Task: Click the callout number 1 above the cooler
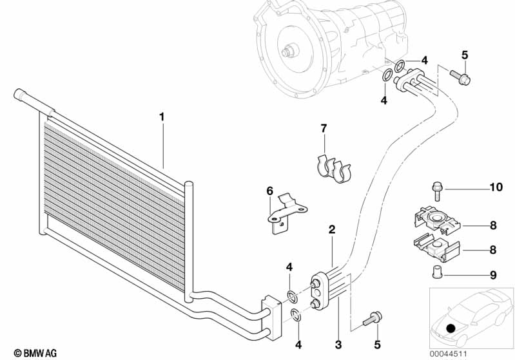point(162,117)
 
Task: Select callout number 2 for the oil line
point(332,229)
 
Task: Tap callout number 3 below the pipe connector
point(338,345)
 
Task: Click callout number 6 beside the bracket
point(269,191)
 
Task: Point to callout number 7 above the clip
point(324,128)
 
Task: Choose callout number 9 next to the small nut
point(493,275)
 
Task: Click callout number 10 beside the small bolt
point(496,187)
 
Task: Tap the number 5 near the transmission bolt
point(465,55)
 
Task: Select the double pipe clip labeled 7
point(334,169)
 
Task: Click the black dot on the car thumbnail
point(451,328)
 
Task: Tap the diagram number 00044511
point(448,354)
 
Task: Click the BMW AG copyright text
point(35,353)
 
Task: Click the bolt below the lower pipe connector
point(372,318)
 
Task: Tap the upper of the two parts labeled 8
point(436,220)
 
